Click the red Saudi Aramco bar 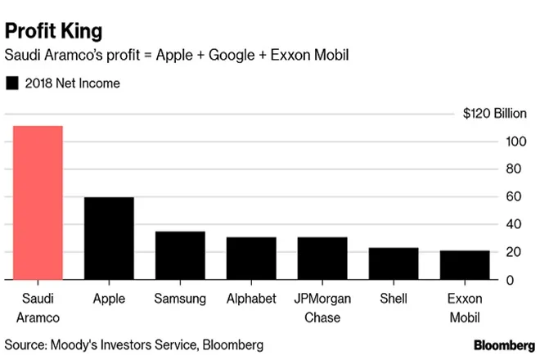[x=38, y=203]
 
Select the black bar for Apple [x=109, y=239]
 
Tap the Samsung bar [x=180, y=255]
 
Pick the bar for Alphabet [x=251, y=259]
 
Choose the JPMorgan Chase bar [x=322, y=259]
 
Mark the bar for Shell [x=394, y=263]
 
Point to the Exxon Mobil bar [x=465, y=265]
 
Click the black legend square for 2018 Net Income [x=12, y=83]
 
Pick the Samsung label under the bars [x=180, y=299]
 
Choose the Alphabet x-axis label [x=251, y=299]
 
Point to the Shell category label [x=394, y=299]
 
